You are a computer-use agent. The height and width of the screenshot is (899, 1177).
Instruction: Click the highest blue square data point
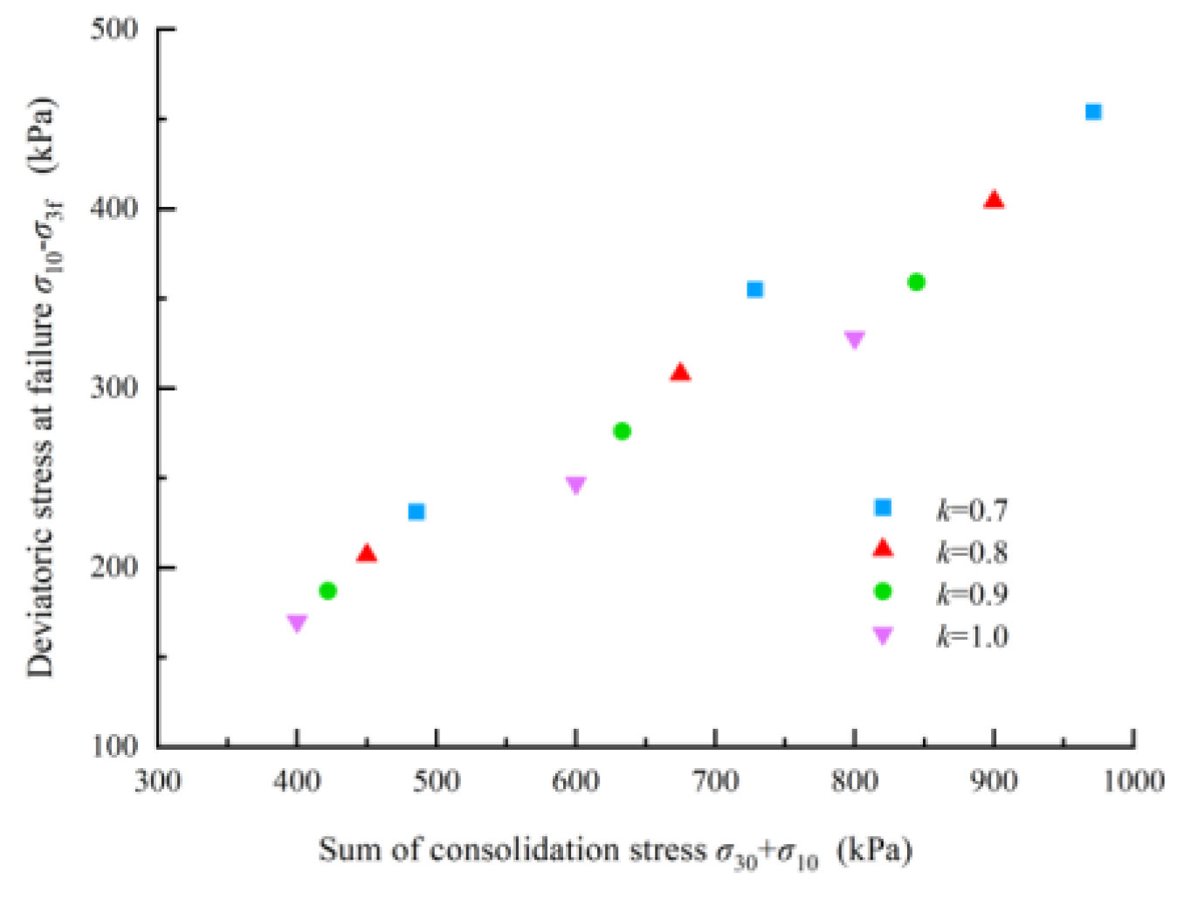1092,112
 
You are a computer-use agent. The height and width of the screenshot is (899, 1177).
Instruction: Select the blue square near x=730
754,289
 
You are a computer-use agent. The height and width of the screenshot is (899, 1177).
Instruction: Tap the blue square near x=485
416,511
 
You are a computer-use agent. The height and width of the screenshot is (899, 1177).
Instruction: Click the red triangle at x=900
994,201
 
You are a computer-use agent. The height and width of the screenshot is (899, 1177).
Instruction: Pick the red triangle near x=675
680,374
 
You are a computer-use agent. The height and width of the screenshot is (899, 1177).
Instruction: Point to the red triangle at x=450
367,554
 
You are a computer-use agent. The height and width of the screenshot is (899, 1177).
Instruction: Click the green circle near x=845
916,282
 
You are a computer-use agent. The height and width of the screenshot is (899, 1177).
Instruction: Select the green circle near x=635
622,431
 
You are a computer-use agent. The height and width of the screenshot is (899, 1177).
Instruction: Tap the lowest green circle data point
327,591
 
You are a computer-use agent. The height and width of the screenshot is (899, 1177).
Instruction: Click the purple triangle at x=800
854,339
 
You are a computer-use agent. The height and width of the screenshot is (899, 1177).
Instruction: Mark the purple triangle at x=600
575,484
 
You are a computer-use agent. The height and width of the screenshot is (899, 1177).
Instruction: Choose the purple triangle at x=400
297,622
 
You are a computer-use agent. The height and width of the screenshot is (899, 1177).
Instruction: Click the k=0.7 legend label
972,509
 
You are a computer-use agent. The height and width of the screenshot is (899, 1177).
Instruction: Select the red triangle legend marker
883,548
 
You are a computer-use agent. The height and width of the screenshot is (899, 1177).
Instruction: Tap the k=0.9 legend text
972,594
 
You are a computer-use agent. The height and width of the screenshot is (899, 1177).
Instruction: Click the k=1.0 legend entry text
972,636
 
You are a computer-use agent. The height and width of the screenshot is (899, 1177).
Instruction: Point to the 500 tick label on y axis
114,29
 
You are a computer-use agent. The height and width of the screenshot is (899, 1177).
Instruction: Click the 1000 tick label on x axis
1132,780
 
